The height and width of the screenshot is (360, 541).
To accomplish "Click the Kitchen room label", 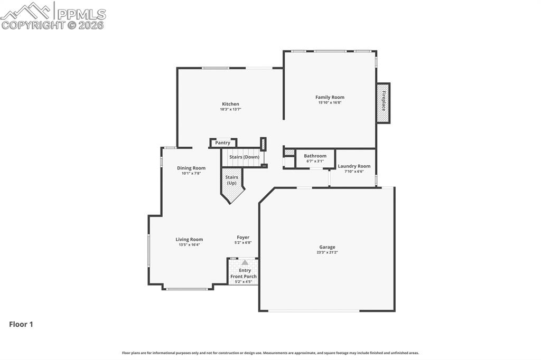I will pos(230,104).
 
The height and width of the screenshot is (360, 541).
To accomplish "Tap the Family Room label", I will pos(330,97).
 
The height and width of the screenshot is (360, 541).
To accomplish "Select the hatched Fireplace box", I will pos(383,103).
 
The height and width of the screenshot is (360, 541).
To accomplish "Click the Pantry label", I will pos(222,143).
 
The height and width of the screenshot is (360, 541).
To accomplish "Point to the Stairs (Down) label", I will pos(244,157).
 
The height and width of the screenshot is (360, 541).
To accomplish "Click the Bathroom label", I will pos(315,156).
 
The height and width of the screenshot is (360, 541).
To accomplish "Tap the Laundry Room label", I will pos(354,166).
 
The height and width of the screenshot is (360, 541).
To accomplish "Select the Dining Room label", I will pos(191,168).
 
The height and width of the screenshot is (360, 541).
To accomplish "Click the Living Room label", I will pos(189,239).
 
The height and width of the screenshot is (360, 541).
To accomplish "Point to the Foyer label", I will pos(243,237).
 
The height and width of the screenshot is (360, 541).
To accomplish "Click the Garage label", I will pos(327,247).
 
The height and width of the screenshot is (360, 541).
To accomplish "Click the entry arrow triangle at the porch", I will pos(245,262).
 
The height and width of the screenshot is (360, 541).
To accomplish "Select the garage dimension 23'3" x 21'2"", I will pos(327,252).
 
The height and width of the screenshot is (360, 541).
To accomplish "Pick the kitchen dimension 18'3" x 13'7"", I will pos(230,109).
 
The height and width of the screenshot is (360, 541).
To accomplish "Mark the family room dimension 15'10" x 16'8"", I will pos(330,102).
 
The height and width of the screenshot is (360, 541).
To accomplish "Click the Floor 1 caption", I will pos(21,324).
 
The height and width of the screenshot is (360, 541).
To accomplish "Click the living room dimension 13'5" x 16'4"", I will pos(189,244).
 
